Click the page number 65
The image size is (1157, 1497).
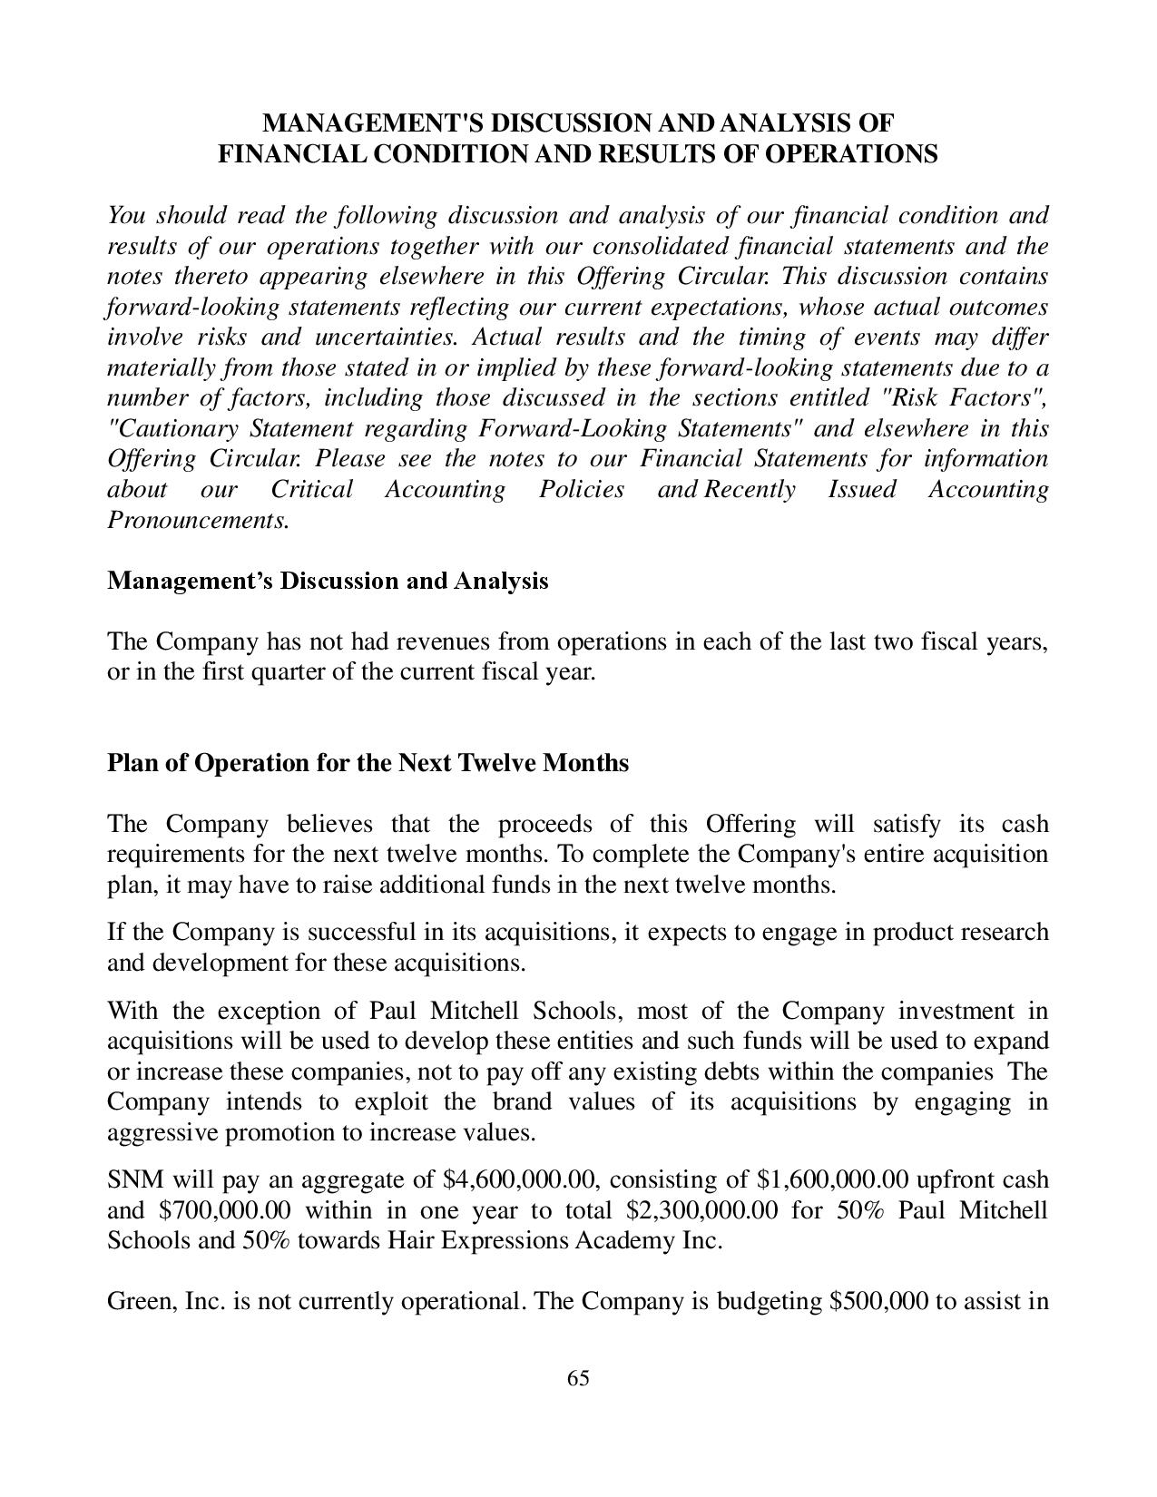pos(578,1378)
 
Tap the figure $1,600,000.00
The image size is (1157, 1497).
pos(832,1180)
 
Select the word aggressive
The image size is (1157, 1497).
pos(162,1133)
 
